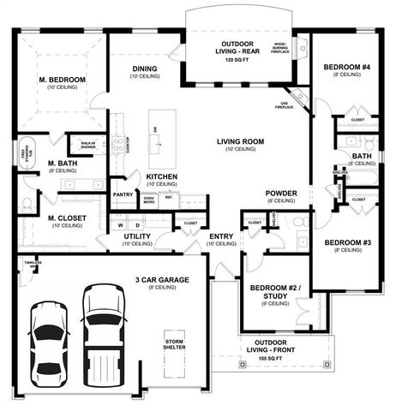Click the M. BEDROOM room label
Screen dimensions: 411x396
(x=62, y=80)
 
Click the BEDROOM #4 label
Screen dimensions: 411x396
(x=346, y=67)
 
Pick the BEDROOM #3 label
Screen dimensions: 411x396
(x=347, y=242)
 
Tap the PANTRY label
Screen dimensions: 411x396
(x=123, y=194)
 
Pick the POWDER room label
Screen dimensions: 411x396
(x=280, y=193)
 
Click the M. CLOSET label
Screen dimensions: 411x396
(x=66, y=219)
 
